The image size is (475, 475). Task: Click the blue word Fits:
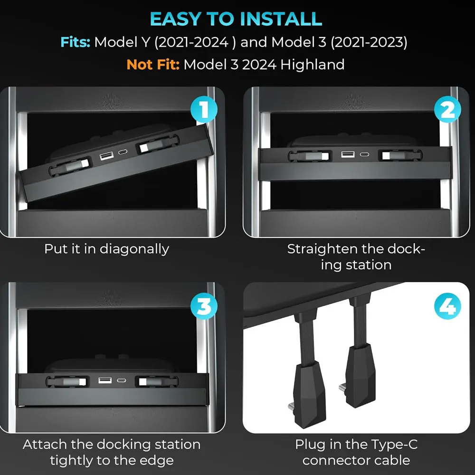[75, 42]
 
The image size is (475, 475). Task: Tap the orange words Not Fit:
[153, 64]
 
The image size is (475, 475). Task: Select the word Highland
[312, 64]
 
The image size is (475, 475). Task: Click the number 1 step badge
[203, 110]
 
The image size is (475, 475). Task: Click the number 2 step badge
[447, 110]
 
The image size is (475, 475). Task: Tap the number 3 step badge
[203, 307]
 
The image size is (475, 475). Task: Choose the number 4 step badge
[447, 307]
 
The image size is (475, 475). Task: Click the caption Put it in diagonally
[106, 249]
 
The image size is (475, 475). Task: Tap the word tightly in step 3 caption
[76, 460]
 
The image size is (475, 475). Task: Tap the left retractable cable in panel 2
[307, 155]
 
